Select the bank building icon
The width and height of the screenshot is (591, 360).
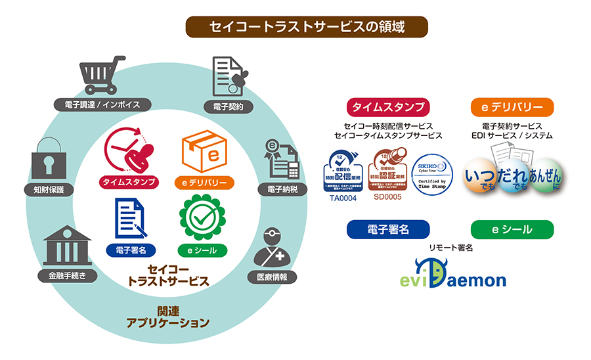[68, 245]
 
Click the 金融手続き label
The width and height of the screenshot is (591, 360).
[68, 275]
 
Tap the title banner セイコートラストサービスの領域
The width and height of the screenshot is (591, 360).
[307, 27]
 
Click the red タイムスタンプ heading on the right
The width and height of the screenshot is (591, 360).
[388, 107]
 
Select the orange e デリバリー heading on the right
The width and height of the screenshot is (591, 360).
[512, 107]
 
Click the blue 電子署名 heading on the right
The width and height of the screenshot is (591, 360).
[388, 229]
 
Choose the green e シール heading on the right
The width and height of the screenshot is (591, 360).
[512, 229]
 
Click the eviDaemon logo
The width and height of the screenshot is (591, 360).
[453, 277]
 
